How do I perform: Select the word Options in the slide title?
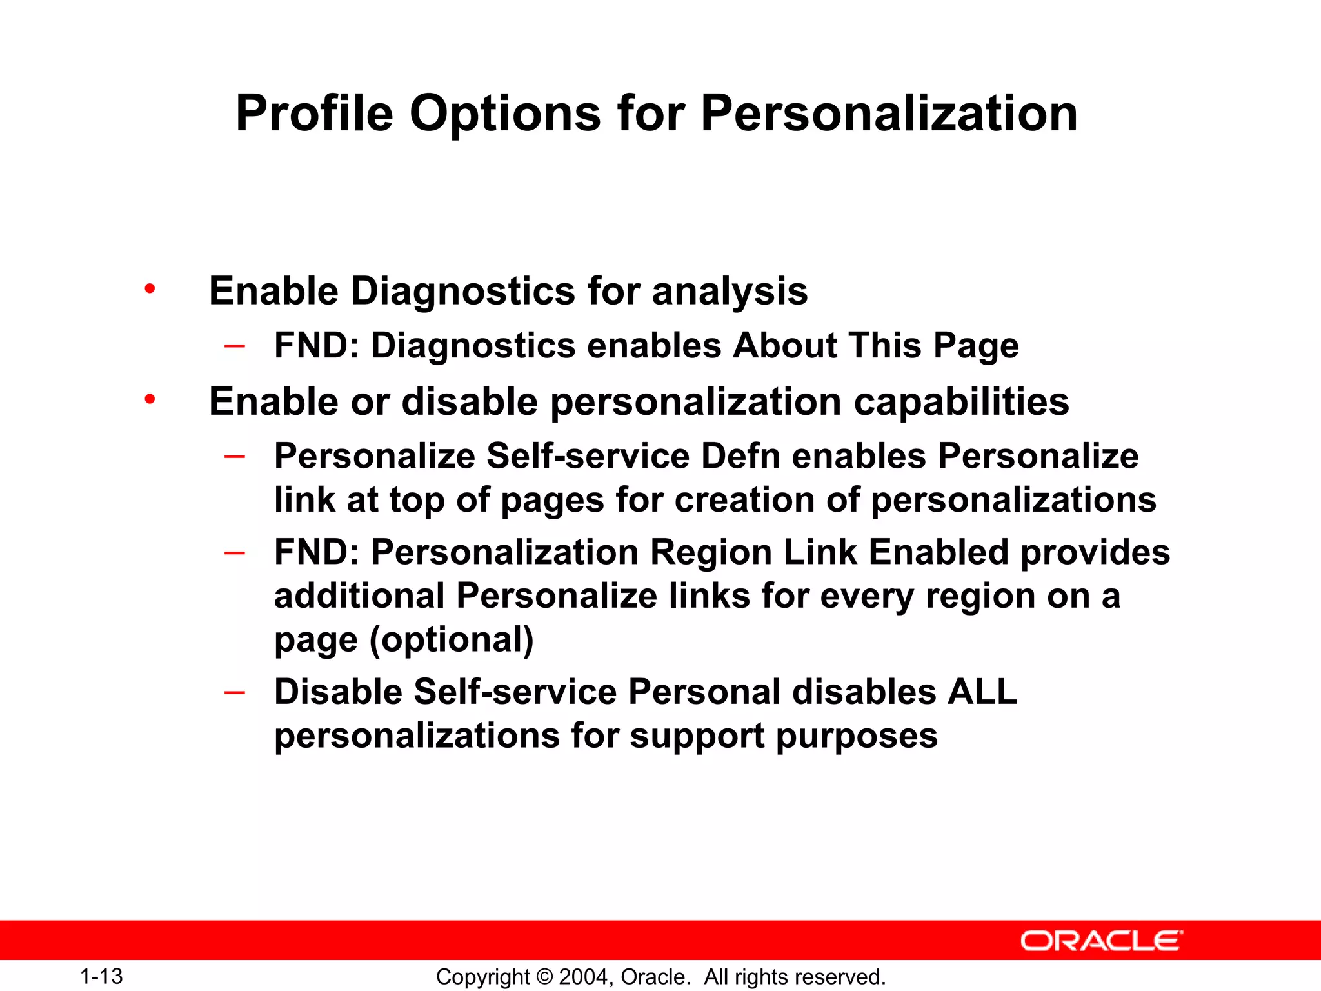click(x=505, y=114)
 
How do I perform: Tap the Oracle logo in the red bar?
click(x=1101, y=941)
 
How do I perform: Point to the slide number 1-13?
click(x=101, y=976)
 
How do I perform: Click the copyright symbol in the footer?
click(x=544, y=977)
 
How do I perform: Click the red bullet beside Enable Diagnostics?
click(x=150, y=288)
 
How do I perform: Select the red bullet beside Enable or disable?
click(x=150, y=399)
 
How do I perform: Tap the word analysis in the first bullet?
click(x=730, y=291)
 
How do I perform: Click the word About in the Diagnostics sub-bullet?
click(x=784, y=345)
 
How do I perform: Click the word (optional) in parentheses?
click(x=452, y=640)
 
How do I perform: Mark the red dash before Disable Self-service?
click(x=234, y=692)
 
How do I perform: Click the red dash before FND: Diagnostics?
click(x=234, y=346)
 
